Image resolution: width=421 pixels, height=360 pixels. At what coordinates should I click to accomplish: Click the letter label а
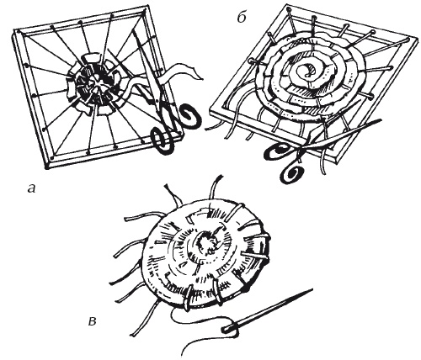click(x=32, y=188)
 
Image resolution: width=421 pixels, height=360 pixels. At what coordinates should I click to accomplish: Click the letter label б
click(x=242, y=18)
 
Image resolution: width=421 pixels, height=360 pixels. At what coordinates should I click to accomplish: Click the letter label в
click(x=92, y=321)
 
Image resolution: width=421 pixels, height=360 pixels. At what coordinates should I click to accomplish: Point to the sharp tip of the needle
click(x=312, y=289)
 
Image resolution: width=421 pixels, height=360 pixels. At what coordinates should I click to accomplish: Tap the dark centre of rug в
click(x=206, y=242)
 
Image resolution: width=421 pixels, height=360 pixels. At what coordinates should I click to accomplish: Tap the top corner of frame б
click(x=288, y=6)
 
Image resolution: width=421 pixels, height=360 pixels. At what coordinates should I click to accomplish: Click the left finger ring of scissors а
click(x=163, y=140)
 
